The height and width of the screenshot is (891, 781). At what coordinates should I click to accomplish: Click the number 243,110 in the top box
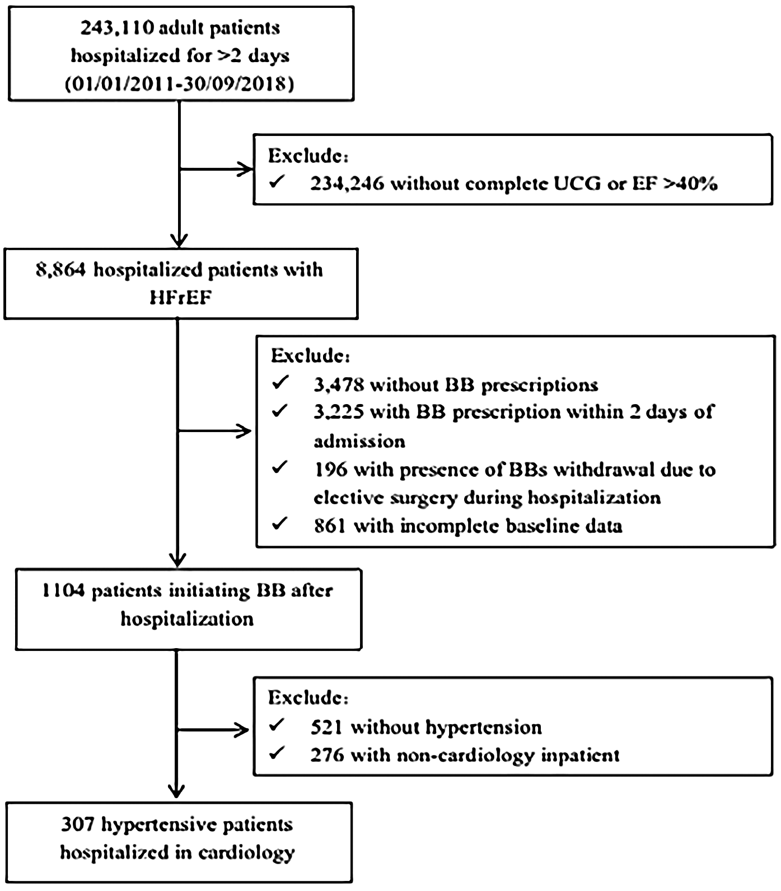[x=114, y=27]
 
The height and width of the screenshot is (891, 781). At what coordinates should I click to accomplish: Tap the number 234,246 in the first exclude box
[x=347, y=184]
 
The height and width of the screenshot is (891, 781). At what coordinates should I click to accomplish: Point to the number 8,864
[x=60, y=270]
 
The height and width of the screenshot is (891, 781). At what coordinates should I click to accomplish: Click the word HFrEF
[x=180, y=297]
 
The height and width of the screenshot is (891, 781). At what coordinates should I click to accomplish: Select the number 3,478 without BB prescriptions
[x=339, y=385]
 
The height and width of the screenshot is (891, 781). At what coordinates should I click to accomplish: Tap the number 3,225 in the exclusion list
[x=339, y=412]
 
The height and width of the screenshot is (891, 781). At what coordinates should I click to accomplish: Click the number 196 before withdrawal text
[x=330, y=469]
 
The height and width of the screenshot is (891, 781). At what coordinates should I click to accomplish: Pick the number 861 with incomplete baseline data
[x=330, y=526]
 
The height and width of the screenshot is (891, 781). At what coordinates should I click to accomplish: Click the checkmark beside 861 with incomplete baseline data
[x=279, y=524]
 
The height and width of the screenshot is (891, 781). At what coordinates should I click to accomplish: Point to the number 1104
[x=63, y=591]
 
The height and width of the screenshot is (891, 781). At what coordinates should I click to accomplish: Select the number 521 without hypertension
[x=327, y=727]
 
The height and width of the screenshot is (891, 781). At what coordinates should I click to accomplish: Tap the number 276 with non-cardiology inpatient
[x=327, y=755]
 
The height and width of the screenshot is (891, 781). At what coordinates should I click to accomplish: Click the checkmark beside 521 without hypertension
[x=277, y=725]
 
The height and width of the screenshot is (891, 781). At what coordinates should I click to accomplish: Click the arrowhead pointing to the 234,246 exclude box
[x=247, y=168]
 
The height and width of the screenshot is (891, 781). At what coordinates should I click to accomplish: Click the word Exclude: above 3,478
[x=310, y=355]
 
